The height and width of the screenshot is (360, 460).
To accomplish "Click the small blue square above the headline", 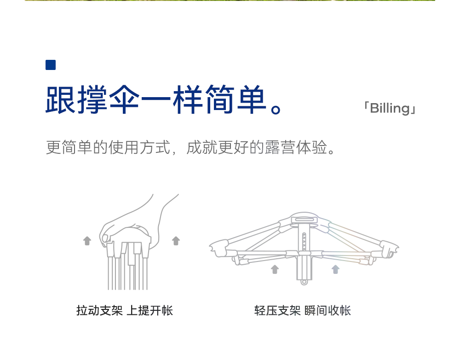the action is tap(51, 65).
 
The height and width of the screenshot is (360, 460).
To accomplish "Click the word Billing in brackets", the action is tap(390, 109).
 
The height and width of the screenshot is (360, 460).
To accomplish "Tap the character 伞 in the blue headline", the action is tap(124, 99).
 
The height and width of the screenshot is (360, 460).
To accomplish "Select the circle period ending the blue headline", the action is tap(276, 109).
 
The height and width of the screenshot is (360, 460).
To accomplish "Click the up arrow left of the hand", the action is tap(87, 240).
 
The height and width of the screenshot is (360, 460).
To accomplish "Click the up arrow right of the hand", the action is tap(176, 240).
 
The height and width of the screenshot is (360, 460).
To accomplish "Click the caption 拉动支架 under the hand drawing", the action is tap(99, 311).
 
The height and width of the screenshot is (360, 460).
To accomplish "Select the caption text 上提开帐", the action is tap(149, 311).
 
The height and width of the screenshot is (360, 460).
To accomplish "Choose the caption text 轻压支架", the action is tap(277, 311).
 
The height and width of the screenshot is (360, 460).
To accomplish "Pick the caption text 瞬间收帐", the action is tap(328, 311).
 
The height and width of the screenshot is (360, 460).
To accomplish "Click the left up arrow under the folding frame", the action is tap(275, 269).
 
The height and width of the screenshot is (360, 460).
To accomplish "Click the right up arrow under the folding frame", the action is tap(335, 269).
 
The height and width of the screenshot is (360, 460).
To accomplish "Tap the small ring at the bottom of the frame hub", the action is tap(304, 282).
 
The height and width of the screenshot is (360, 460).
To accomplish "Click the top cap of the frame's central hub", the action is tap(304, 219).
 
